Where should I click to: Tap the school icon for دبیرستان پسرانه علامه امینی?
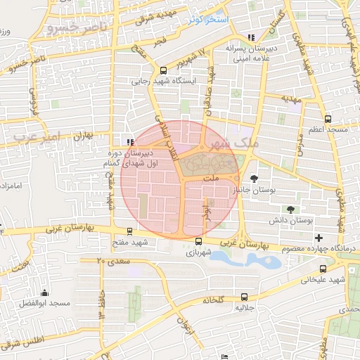coord(251,38)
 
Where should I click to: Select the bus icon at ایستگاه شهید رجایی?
coord(163,70)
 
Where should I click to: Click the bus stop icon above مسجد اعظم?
coord(328,119)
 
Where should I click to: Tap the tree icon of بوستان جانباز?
coord(254,178)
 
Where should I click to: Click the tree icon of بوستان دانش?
coord(290,209)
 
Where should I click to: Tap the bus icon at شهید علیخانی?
coord(323,268)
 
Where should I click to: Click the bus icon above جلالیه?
coord(244,297)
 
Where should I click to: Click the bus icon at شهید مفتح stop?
coord(129,231)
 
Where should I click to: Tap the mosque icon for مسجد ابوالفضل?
coord(45,292)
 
